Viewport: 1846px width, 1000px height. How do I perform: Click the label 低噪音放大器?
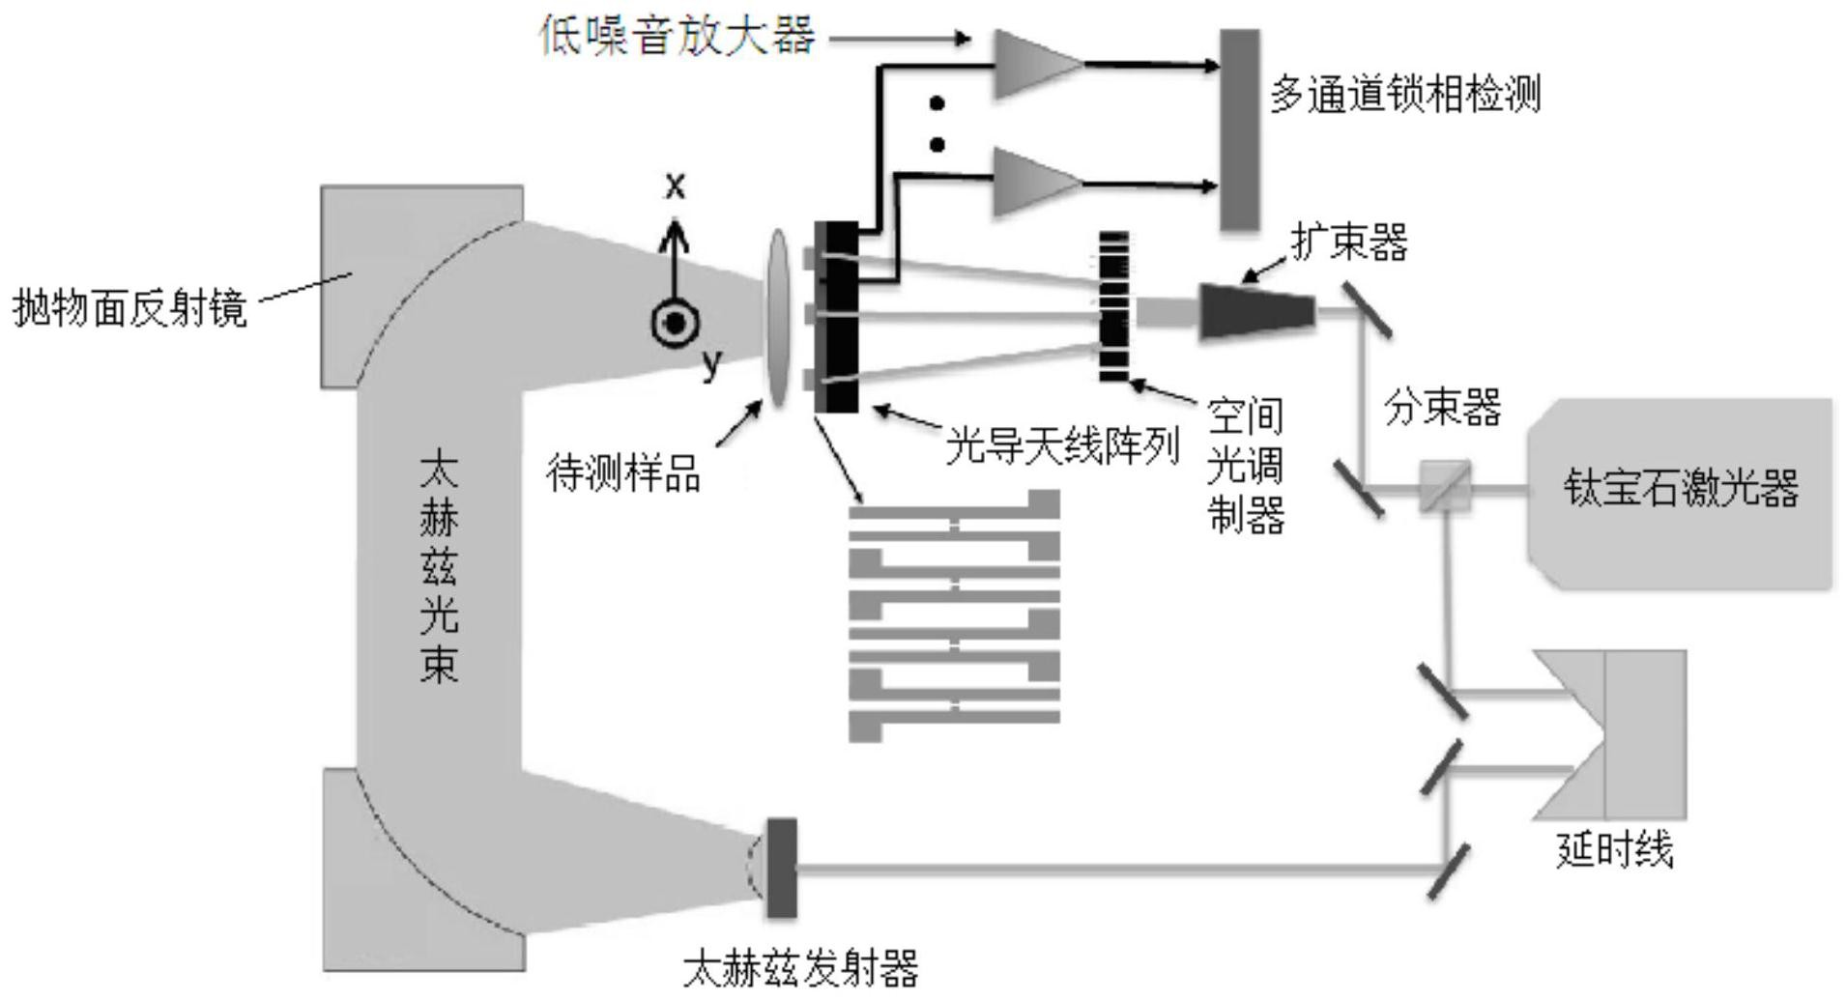(677, 37)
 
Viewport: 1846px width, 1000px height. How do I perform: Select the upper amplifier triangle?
(1032, 64)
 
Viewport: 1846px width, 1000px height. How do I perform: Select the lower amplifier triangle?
(1032, 183)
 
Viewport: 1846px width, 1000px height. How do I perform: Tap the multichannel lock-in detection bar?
(1240, 129)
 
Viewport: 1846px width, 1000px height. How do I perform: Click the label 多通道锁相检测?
(1404, 95)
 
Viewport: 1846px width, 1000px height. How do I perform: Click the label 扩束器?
(1349, 242)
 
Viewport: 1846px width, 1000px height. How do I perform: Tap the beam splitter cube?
(1445, 487)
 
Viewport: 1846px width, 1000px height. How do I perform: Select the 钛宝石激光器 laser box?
(1680, 490)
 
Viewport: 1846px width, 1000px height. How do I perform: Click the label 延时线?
(1614, 850)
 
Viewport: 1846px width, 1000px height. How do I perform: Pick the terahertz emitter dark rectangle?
(781, 868)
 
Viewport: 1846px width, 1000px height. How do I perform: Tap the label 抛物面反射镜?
(130, 308)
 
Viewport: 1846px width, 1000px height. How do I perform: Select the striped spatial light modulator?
(1113, 306)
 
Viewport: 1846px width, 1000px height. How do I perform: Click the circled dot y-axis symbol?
(675, 323)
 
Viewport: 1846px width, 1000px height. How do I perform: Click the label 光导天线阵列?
(1062, 447)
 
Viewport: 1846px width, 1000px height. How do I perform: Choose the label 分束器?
(1442, 407)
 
